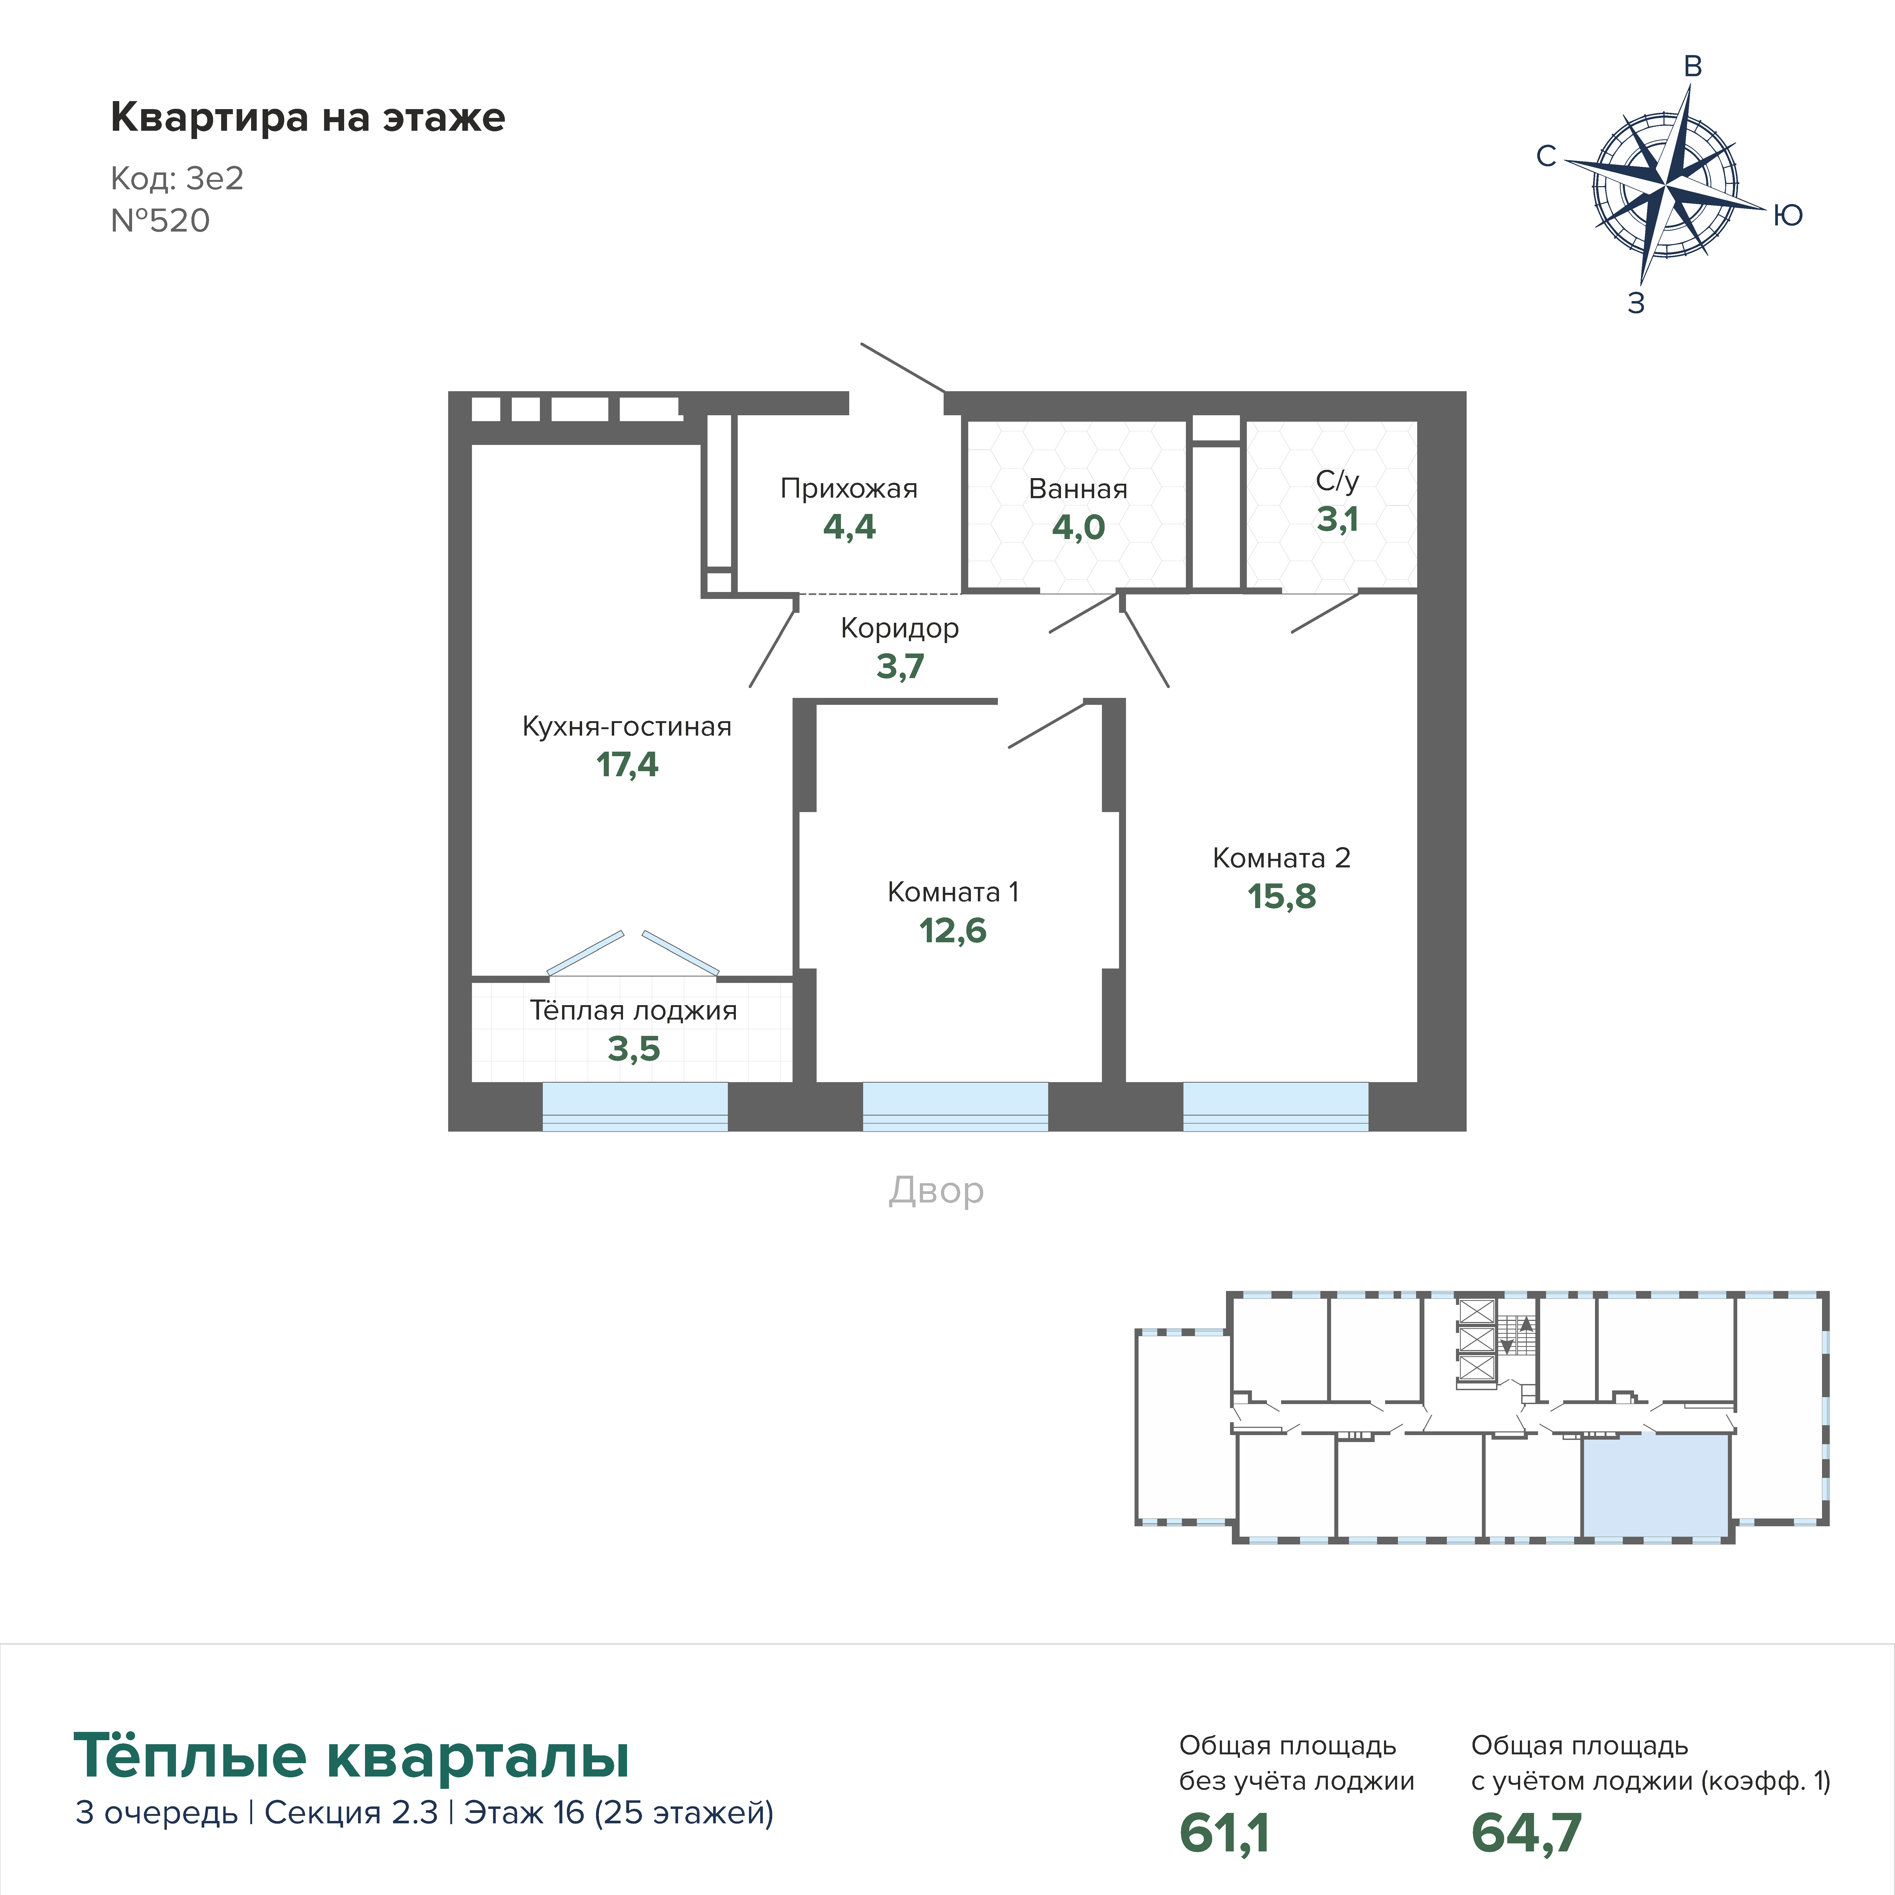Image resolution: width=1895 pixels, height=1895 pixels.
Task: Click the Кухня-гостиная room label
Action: [627, 727]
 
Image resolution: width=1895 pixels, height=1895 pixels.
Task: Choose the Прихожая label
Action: [848, 489]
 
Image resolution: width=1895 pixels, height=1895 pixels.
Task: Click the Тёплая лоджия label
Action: [634, 1010]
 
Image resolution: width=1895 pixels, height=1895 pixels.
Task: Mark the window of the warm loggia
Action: [635, 1106]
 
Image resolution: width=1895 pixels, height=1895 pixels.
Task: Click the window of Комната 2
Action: [1275, 1106]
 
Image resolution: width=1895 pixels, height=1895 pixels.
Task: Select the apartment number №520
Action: [160, 221]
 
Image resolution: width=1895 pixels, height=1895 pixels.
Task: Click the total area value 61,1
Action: [1224, 1833]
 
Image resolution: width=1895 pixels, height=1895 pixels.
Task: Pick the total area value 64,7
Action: [1526, 1833]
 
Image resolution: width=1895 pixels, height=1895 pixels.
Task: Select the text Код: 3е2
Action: [176, 179]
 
